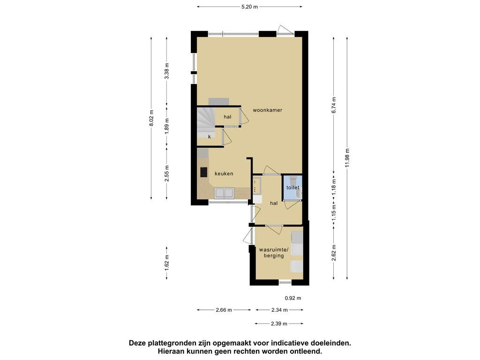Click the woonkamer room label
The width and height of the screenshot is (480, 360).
coord(267,110)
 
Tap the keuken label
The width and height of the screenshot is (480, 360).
coord(224,173)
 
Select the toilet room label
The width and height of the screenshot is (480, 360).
coord(292,187)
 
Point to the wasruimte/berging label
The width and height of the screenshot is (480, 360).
coord(274,253)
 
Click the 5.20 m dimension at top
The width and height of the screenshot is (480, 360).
coord(249,7)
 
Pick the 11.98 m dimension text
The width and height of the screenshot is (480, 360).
coord(347,158)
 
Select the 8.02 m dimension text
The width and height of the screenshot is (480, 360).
coord(151,118)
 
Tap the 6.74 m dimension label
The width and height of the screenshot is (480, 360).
coord(334,105)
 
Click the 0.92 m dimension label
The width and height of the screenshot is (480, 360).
coord(293,298)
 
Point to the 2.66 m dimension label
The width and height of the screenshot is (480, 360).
coord(224,310)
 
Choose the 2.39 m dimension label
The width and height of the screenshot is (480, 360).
coord(279,323)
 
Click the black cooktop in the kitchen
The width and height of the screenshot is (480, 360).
coord(203,172)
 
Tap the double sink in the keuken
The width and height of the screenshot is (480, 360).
coord(224,193)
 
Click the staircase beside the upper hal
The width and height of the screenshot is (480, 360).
coord(206,122)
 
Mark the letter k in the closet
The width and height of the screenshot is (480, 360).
coord(210,137)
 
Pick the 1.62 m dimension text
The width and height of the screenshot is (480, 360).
coord(167,263)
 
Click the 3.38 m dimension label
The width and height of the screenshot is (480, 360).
coord(167,71)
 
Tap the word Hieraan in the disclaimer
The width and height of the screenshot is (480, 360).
coord(170,352)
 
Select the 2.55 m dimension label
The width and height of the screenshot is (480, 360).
coord(167,173)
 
